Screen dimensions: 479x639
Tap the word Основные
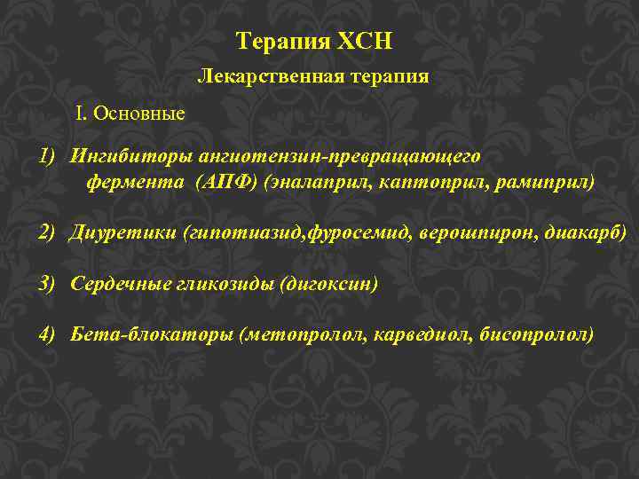click(140, 114)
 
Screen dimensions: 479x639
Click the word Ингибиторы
click(122, 157)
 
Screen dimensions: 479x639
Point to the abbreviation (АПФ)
click(230, 183)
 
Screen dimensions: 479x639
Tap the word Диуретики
click(123, 233)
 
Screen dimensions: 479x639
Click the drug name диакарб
click(586, 233)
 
